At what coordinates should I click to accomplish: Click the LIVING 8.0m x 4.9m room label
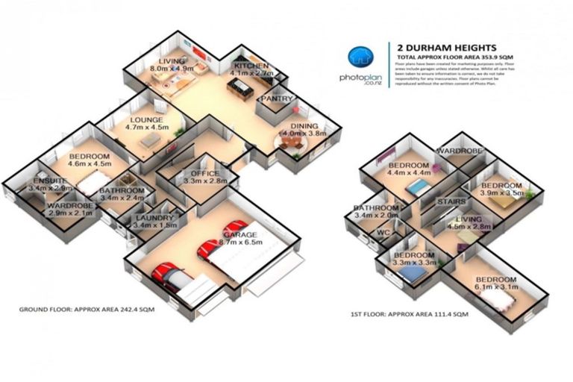point(170,65)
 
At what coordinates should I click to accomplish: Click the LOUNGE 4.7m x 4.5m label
point(146,123)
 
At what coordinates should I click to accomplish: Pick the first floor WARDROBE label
point(460,151)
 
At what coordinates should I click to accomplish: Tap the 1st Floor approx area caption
point(408,315)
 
